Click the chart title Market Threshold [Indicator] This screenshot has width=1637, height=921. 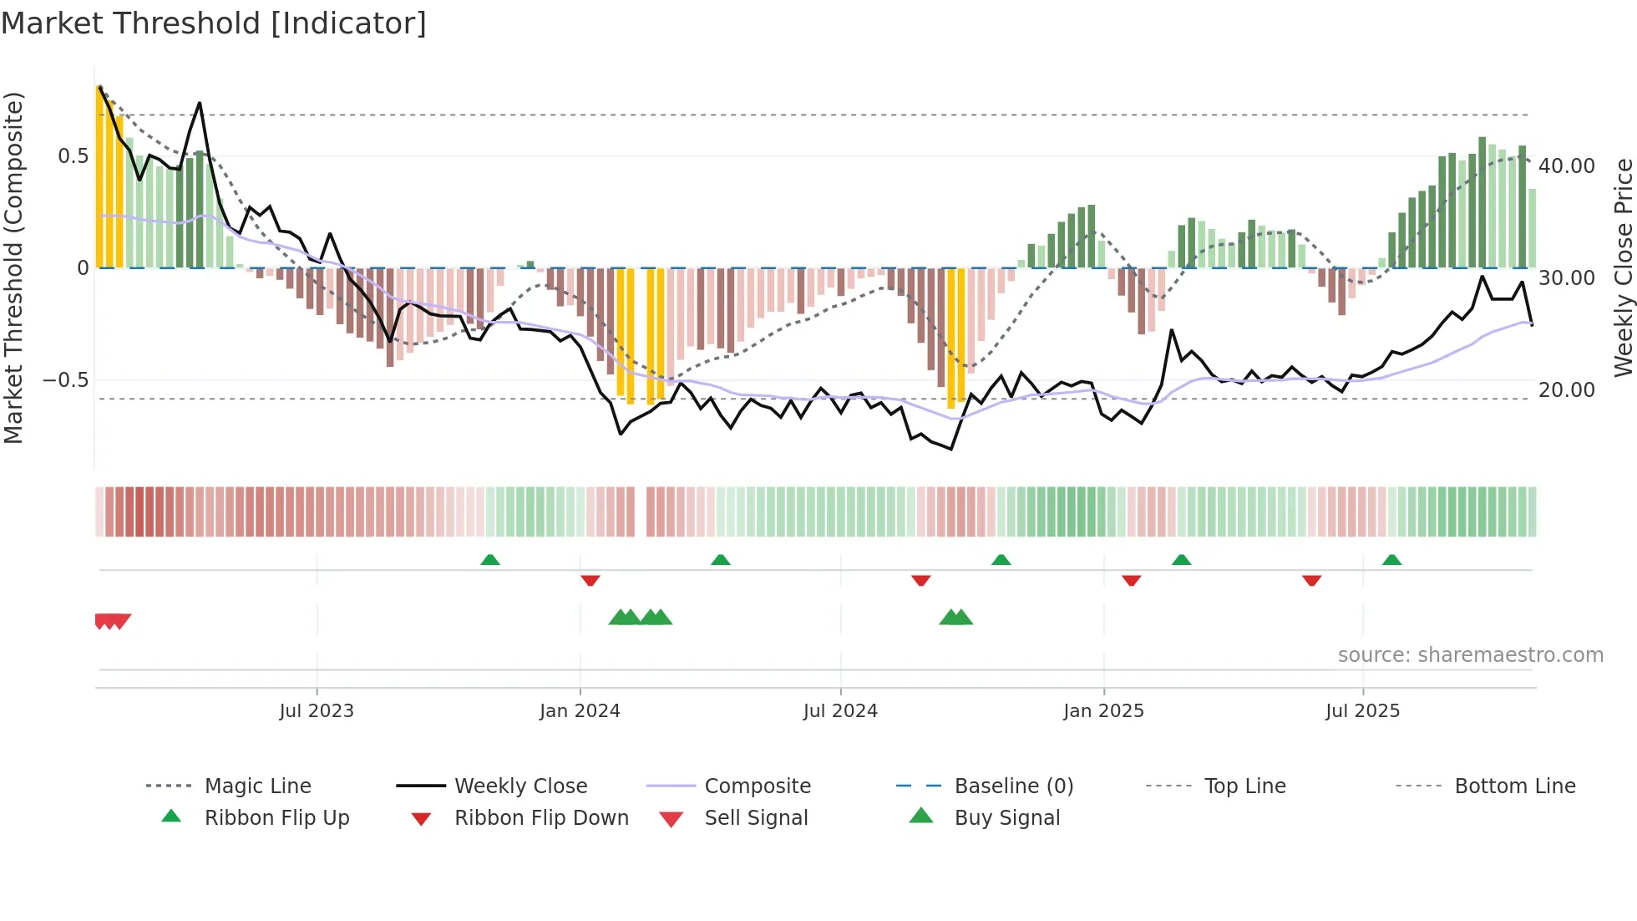[214, 23]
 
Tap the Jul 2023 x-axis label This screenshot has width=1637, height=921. [317, 711]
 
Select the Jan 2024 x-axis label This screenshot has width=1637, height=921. [580, 711]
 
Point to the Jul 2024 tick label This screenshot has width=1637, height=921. [840, 711]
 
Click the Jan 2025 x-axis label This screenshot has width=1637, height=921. [1103, 711]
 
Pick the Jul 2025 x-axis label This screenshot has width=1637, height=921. [1362, 711]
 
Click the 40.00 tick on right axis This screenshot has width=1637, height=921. [1567, 166]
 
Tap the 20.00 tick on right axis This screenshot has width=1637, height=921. [1567, 390]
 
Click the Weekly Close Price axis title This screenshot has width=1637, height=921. [1623, 267]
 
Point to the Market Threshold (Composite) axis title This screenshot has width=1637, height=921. [13, 267]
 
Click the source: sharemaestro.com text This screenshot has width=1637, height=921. [1470, 655]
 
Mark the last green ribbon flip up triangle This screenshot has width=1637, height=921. [1391, 560]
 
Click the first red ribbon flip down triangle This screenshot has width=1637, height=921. [590, 580]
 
